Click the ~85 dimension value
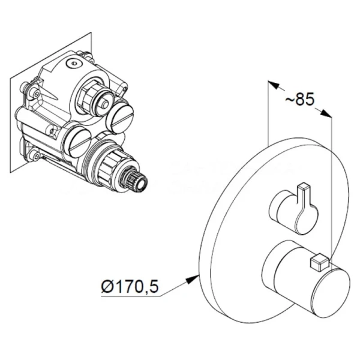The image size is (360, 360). coord(299,100)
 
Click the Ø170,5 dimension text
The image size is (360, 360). coord(130,286)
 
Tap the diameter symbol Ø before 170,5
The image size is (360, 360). coord(107,286)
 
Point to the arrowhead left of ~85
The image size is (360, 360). coord(274,85)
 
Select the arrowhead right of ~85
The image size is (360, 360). coord(326,113)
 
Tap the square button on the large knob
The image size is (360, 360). coord(320,261)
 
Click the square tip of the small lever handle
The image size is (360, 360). coord(303,187)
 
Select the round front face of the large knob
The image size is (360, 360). coord(332,293)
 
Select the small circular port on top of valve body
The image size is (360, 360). coord(73,62)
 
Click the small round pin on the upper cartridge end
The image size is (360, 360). coord(106,104)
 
